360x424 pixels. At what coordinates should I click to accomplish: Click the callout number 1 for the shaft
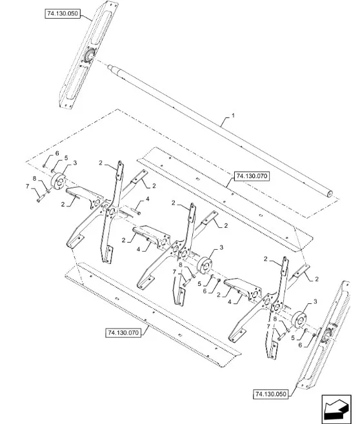point(233,116)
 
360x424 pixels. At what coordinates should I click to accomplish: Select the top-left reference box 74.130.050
point(63,14)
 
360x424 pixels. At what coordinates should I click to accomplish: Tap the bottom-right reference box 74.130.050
point(270,394)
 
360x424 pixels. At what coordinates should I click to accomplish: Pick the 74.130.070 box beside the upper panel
point(252,176)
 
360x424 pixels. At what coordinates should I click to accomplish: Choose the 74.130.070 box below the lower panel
point(123,332)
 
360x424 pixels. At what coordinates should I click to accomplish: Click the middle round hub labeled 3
point(205,265)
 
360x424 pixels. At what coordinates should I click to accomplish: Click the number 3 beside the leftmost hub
point(75,163)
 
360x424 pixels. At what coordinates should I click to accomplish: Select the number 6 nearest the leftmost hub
point(57,154)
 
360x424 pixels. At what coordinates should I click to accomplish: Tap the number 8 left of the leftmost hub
point(34,179)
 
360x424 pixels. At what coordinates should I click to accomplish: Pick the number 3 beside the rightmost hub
point(315,301)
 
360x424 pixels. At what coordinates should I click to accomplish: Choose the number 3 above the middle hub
point(221,247)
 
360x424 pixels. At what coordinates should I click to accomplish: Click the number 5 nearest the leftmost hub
point(66,158)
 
